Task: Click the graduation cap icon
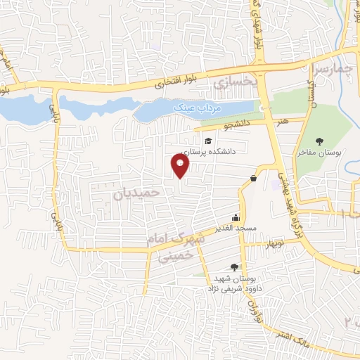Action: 209,141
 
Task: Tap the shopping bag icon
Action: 252,179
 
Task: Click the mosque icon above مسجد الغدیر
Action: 236,217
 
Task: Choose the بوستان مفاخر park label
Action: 321,151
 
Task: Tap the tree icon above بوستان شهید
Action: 234,267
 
